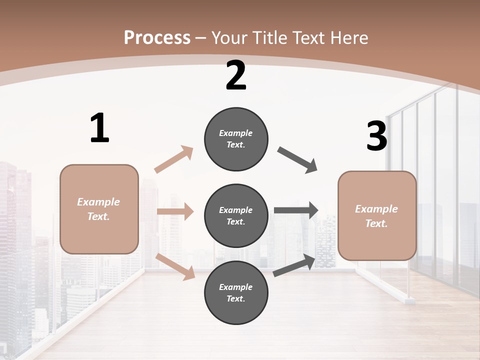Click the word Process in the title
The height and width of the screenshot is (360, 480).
click(157, 37)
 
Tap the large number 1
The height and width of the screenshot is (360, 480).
click(99, 128)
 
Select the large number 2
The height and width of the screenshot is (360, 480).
click(236, 75)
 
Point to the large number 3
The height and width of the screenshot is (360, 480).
click(376, 136)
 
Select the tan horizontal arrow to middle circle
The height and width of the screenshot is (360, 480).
click(175, 211)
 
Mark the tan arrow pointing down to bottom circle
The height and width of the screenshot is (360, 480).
click(175, 266)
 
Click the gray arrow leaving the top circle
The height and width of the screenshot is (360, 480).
click(297, 160)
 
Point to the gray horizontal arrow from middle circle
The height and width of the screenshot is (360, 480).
click(295, 210)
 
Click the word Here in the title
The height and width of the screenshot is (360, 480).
click(349, 37)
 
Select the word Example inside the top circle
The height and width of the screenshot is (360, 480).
click(236, 133)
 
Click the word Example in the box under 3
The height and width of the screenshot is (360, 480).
click(376, 209)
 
